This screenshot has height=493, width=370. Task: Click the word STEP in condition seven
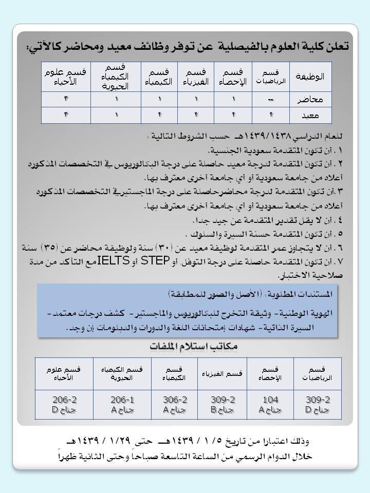coord(155,260)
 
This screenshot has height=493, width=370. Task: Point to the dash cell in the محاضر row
coord(271,99)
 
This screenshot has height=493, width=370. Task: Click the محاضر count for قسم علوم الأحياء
coord(66,99)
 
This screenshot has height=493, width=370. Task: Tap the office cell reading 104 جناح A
coord(270,405)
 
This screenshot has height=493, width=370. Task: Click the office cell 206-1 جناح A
coord(122,405)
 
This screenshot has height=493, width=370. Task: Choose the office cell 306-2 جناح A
coord(173,405)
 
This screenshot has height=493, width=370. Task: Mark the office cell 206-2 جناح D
coord(64,405)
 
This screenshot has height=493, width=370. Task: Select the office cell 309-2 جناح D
coord(318,405)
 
